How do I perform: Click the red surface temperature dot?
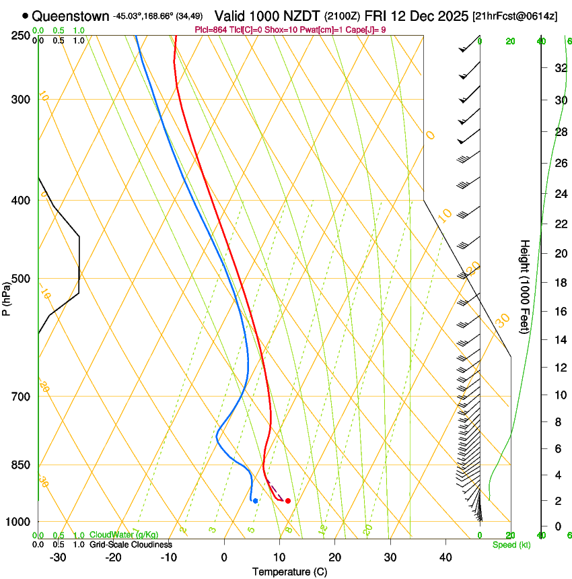[x=288, y=500]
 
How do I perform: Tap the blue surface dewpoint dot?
[x=255, y=500]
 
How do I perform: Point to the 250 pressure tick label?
[x=21, y=35]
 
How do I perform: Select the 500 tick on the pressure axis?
[x=21, y=279]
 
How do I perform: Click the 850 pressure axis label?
[x=21, y=465]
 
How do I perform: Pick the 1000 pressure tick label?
[x=19, y=522]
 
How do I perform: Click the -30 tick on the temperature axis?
[x=58, y=557]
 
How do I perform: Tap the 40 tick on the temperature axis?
[x=445, y=557]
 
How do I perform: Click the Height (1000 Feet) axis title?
[x=525, y=286]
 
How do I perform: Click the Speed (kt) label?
[x=511, y=545]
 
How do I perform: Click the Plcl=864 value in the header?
[x=210, y=30]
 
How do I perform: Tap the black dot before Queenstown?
[x=26, y=15]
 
